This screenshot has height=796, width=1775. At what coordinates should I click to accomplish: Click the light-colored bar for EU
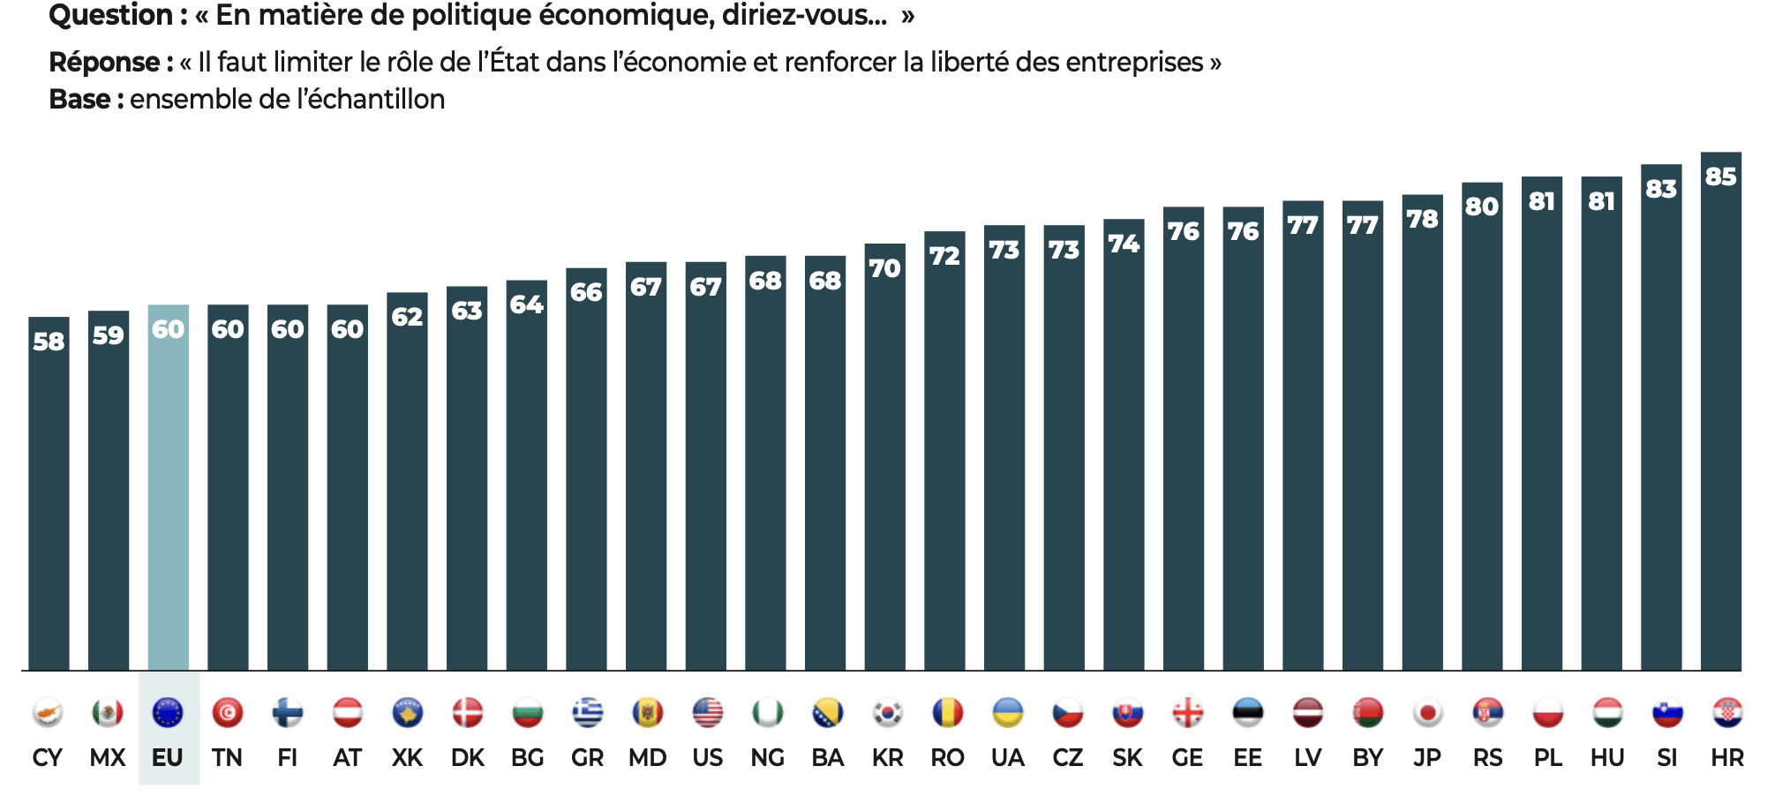click(168, 494)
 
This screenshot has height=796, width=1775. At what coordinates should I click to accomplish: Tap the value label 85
click(1720, 176)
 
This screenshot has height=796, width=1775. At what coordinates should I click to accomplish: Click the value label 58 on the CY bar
click(49, 342)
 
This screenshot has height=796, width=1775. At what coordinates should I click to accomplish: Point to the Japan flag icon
click(1427, 712)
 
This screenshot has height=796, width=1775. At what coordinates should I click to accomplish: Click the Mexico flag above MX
click(108, 712)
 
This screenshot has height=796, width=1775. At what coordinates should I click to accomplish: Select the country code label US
click(707, 758)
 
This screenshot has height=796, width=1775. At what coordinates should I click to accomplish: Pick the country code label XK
click(407, 758)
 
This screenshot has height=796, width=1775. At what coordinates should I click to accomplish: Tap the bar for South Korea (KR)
click(884, 468)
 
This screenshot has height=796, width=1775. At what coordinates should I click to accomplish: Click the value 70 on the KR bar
click(884, 268)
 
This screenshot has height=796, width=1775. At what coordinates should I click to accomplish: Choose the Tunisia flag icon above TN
click(228, 712)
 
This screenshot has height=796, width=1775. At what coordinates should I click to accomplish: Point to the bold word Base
click(79, 100)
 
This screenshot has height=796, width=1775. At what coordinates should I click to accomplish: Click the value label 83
click(1660, 189)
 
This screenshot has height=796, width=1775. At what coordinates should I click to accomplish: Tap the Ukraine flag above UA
click(1007, 712)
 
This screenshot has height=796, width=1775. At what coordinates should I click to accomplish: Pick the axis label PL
click(1547, 758)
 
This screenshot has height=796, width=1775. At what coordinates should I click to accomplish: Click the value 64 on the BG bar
click(526, 304)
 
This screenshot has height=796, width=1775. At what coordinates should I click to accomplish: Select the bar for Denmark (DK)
click(466, 485)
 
